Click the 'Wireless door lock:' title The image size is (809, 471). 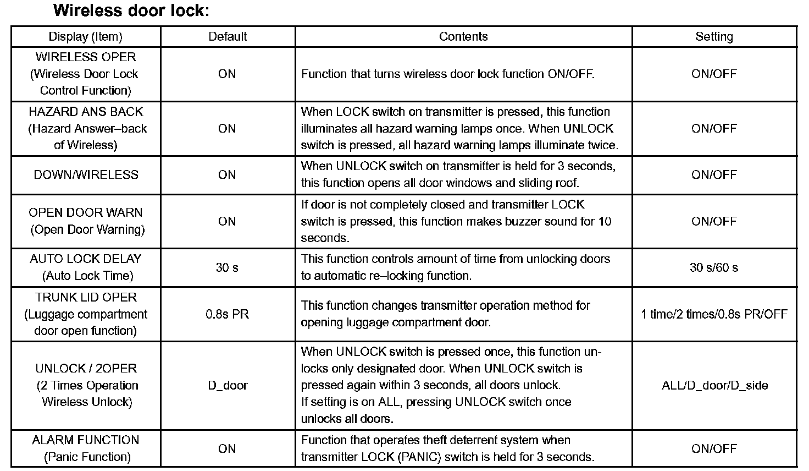[131, 10]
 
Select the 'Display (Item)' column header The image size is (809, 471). [86, 37]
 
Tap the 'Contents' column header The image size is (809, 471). [463, 37]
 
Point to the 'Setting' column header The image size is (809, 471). [714, 37]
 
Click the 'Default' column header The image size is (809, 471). [228, 37]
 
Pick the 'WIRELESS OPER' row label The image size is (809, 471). [86, 57]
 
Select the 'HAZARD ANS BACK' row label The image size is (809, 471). [86, 112]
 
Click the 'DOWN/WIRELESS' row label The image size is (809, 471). [86, 175]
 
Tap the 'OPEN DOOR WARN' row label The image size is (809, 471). [86, 212]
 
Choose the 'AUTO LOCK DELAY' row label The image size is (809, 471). [86, 259]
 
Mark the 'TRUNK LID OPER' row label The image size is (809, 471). [86, 297]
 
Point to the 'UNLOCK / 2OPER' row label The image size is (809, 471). [86, 368]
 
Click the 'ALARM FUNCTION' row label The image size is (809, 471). [86, 440]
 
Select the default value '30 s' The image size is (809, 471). [227, 267]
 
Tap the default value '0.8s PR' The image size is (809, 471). [227, 314]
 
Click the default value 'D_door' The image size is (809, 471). [228, 385]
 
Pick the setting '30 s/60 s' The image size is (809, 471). [714, 267]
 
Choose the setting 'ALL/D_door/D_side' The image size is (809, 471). [714, 385]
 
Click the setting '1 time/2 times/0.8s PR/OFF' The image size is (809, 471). [714, 314]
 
